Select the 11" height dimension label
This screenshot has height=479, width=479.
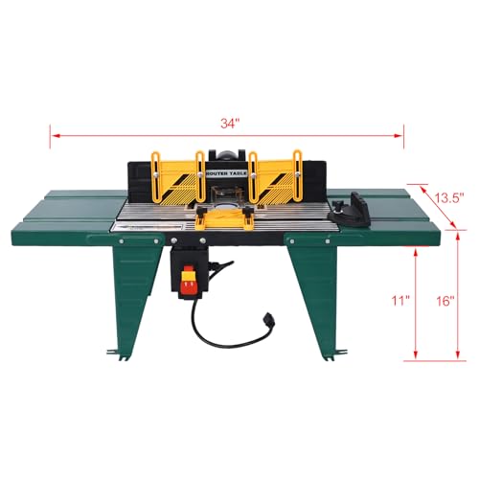click(x=374, y=301)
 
